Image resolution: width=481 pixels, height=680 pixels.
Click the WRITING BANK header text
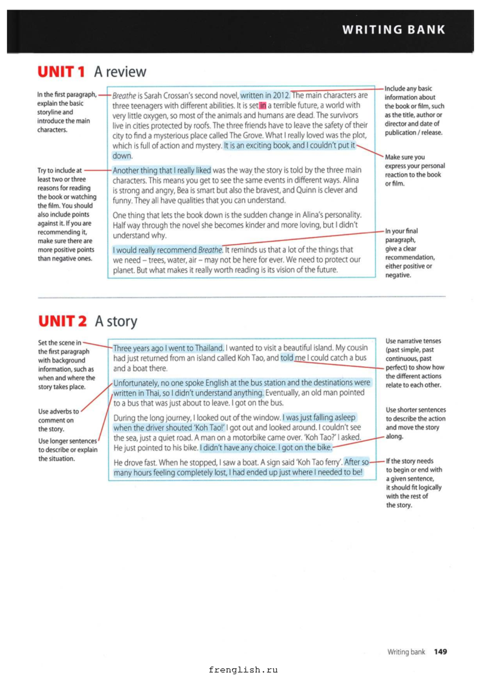point(394,30)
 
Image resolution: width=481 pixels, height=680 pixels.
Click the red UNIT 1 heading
point(61,72)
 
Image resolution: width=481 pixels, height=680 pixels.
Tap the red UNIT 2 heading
point(62,321)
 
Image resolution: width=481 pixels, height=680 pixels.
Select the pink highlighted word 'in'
point(263,105)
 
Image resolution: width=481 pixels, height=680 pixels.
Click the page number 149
point(440,652)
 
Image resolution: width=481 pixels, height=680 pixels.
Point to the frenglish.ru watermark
point(243,670)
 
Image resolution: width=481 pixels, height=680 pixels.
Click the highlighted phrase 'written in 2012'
point(265,95)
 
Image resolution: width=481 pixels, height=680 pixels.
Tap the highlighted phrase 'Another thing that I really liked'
point(162,170)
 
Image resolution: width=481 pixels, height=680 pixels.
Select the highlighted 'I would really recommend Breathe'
point(167,250)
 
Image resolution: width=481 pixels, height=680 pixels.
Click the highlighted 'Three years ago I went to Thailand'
point(168,348)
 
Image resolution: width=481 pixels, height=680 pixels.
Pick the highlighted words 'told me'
point(293,358)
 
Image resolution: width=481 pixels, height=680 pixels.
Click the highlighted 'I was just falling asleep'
point(319,417)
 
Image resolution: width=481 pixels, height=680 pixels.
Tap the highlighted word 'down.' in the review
point(122,156)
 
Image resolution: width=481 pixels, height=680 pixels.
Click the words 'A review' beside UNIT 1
point(120,72)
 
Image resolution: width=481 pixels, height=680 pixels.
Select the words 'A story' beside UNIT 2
point(116,321)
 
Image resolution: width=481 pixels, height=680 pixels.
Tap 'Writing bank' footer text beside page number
point(406,652)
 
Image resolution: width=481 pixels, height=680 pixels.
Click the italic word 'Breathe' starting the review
point(124,96)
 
